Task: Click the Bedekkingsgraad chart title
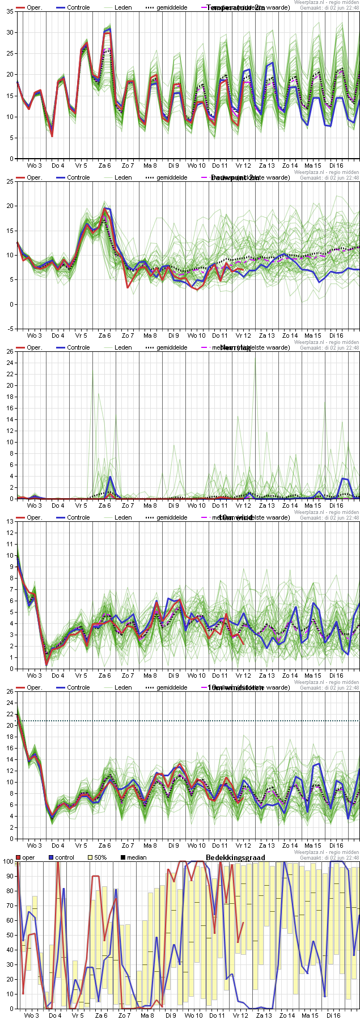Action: (235, 857)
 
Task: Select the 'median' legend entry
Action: (137, 857)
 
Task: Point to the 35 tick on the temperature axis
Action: (10, 12)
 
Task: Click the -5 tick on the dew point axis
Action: (11, 328)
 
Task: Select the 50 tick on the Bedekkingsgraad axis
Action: (10, 935)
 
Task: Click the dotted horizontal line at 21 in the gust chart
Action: (187, 721)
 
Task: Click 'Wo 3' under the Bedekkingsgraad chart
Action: (32, 1015)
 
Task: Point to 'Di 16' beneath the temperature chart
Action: (336, 165)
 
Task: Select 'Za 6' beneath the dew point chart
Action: (105, 335)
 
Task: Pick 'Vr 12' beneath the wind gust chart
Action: (243, 845)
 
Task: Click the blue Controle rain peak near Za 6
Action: (111, 477)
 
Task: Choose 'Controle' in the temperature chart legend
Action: (78, 7)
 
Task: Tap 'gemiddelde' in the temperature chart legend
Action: (172, 7)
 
